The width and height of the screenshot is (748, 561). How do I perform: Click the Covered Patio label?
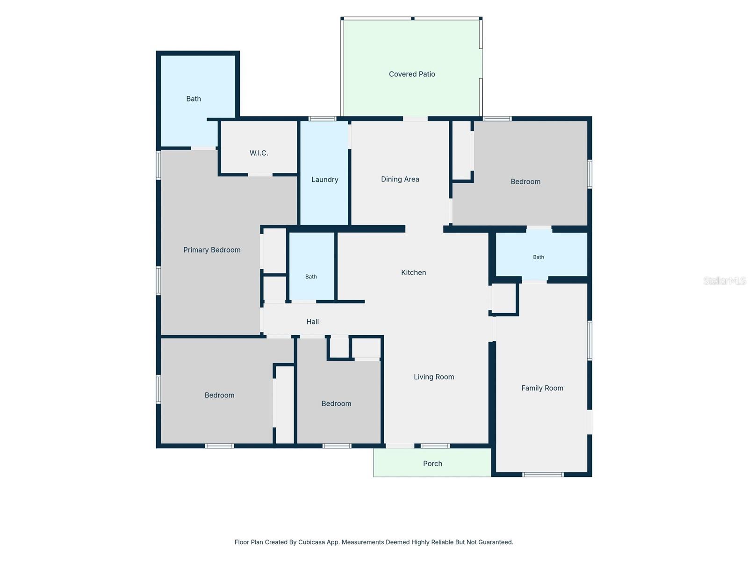[x=412, y=74]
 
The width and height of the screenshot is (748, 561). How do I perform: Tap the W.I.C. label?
[x=259, y=153]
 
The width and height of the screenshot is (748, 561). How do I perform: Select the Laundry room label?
[x=324, y=180]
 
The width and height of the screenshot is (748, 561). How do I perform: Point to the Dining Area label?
[x=400, y=179]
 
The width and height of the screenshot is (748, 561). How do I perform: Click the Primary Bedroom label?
[x=212, y=250]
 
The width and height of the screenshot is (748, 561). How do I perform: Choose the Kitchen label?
[x=413, y=273]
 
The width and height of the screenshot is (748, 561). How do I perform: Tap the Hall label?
[x=312, y=322]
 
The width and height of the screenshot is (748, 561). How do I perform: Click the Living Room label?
[x=434, y=377]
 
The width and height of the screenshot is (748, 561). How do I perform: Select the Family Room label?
[x=542, y=388]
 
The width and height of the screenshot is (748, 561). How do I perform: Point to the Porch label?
[x=432, y=464]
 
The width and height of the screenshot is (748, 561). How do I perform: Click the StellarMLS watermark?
[x=725, y=280]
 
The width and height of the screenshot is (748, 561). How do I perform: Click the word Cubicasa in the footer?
[x=311, y=542]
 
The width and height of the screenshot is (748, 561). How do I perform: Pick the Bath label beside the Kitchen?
[x=311, y=277]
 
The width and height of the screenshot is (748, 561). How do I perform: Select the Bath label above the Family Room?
[x=539, y=257]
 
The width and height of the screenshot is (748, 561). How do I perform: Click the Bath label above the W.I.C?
[x=193, y=99]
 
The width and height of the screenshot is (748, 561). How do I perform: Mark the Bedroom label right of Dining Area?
[x=525, y=181]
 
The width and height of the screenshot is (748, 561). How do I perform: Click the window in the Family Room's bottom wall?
[x=543, y=475]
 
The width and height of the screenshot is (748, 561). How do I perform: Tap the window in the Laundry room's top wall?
[x=323, y=119]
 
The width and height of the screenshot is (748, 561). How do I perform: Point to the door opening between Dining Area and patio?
[x=415, y=119]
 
